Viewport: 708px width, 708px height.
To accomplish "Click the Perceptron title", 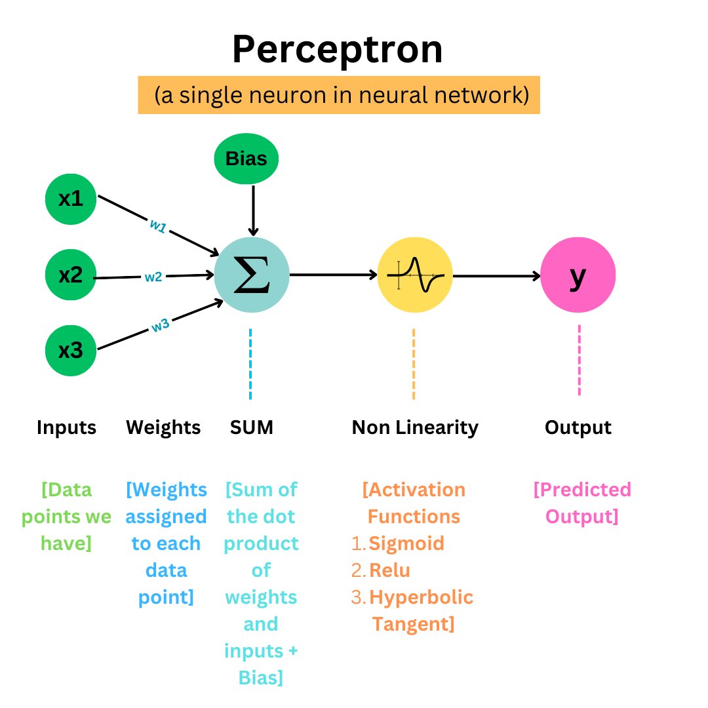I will coord(337,50).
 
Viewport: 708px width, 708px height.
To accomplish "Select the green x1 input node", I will coord(71,199).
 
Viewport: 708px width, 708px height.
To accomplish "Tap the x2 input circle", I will coord(71,275).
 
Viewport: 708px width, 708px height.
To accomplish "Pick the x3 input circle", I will coord(71,351).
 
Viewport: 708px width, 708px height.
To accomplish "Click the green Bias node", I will coord(246,159).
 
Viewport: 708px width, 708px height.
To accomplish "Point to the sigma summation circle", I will coord(252,275).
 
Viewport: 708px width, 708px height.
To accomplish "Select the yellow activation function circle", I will coord(414,275).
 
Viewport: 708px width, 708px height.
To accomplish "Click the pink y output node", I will coord(578,275).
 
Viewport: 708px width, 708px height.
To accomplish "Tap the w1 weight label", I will coord(158,226).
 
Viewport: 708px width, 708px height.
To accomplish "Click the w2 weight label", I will coord(153,277).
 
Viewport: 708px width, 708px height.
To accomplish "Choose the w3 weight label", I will coord(160,324).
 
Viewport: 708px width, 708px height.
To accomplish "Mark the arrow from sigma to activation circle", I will coord(333,275).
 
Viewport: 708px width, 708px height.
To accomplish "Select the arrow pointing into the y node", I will coord(497,275).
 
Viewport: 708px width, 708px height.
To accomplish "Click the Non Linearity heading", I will coord(415,428).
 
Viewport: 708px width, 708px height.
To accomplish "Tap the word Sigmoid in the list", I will coord(406,543).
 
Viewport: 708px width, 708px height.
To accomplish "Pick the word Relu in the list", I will coord(389,570).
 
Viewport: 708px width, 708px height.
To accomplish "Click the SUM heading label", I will coord(251,428).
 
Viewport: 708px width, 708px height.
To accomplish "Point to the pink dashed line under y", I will coord(579,361).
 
